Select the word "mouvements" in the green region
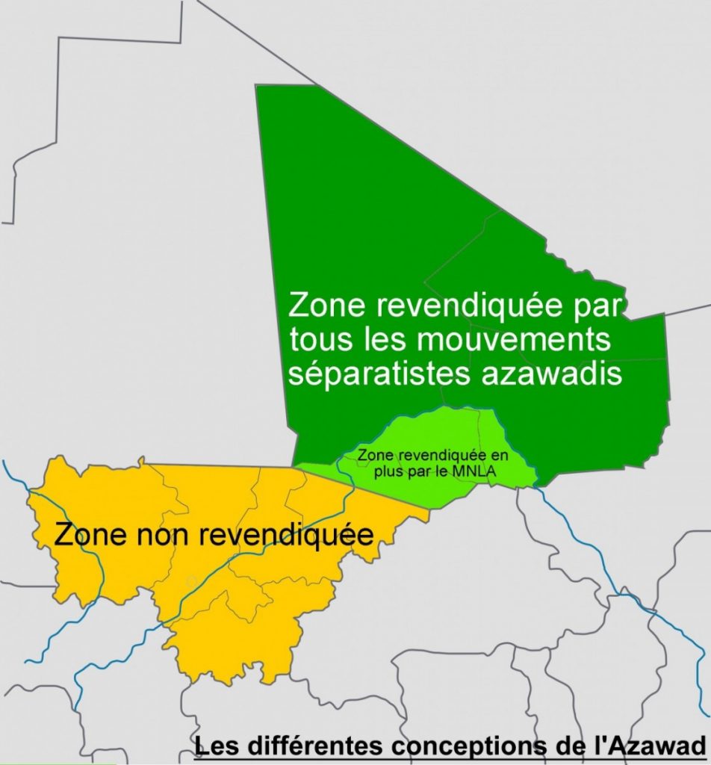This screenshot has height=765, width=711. (x=512, y=341)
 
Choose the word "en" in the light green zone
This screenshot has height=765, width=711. (x=487, y=456)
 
